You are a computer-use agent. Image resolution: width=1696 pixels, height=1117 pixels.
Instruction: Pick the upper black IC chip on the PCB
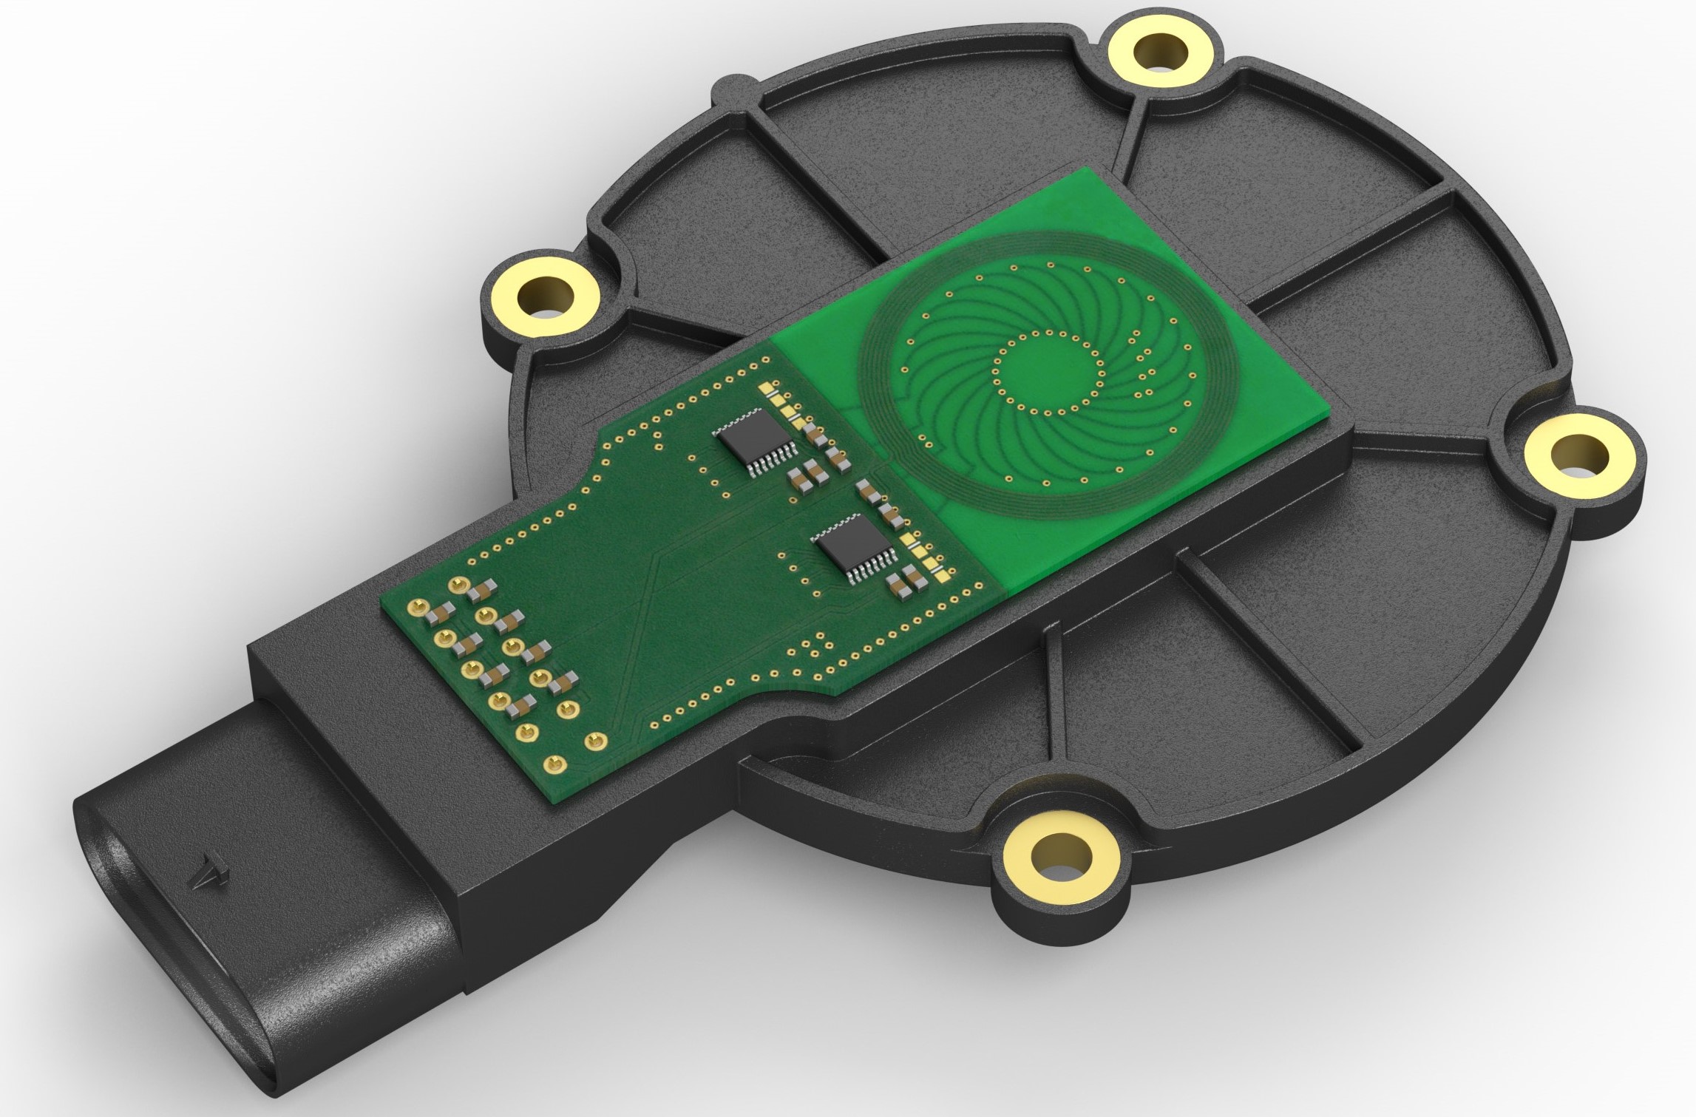(x=755, y=443)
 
